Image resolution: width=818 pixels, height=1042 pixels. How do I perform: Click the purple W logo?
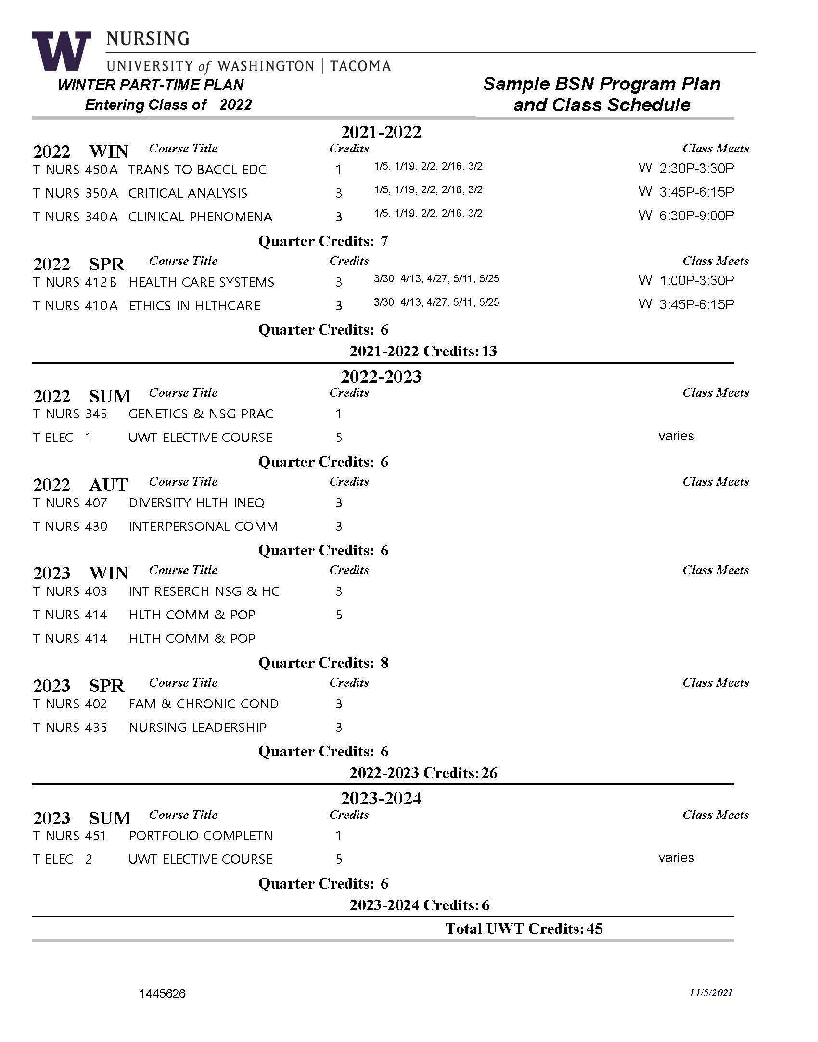pyautogui.click(x=61, y=50)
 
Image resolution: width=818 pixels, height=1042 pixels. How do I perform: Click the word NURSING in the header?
pyautogui.click(x=148, y=38)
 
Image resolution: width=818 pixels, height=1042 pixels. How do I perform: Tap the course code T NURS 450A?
pyautogui.click(x=76, y=170)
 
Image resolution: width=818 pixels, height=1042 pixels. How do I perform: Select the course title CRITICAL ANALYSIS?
pyautogui.click(x=188, y=193)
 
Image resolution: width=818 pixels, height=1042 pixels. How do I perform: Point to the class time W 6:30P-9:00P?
pyautogui.click(x=686, y=215)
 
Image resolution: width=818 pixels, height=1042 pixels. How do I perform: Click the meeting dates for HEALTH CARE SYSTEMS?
pyautogui.click(x=436, y=279)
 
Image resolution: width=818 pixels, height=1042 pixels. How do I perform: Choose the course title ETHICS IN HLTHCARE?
pyautogui.click(x=194, y=306)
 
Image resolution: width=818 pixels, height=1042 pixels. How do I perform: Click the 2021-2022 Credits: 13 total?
pyautogui.click(x=423, y=352)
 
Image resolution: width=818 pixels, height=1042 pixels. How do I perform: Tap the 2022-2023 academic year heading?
pyautogui.click(x=381, y=377)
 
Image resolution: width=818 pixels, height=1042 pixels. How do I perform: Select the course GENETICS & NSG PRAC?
pyautogui.click(x=201, y=414)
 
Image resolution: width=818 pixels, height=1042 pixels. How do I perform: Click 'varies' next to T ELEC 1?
pyautogui.click(x=676, y=436)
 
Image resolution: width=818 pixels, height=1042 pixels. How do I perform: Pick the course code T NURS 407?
pyautogui.click(x=70, y=503)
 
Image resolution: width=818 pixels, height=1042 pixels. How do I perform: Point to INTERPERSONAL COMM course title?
pyautogui.click(x=203, y=527)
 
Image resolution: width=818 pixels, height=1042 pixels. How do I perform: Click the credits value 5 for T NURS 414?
pyautogui.click(x=339, y=615)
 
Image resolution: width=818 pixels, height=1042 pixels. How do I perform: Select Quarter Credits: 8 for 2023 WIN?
pyautogui.click(x=323, y=663)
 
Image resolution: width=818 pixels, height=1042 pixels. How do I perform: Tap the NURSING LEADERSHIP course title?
pyautogui.click(x=197, y=728)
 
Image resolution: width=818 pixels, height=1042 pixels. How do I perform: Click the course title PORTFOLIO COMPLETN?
pyautogui.click(x=201, y=836)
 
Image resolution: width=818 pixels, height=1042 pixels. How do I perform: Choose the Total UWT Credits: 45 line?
pyautogui.click(x=524, y=929)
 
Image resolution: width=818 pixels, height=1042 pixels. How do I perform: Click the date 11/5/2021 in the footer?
pyautogui.click(x=711, y=993)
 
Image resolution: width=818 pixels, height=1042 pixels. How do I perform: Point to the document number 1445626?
pyautogui.click(x=162, y=993)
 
